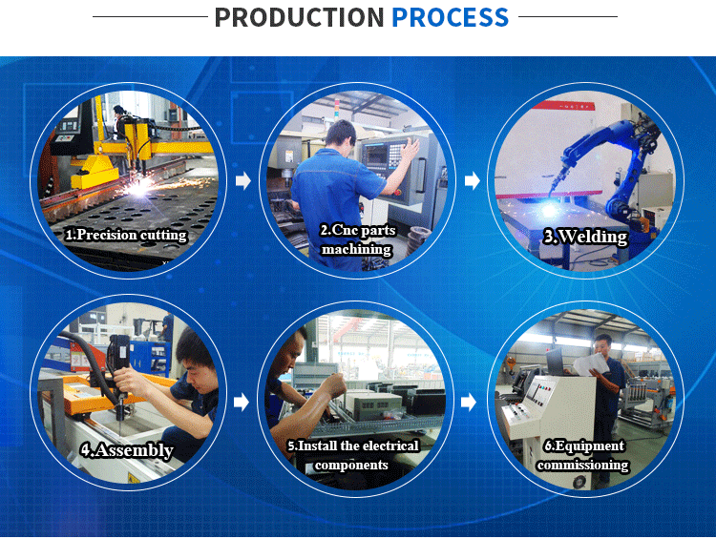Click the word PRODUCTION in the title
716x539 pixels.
pos(300,17)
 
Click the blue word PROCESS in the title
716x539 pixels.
pos(450,17)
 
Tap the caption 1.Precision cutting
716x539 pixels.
pos(126,235)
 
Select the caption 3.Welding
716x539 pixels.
pos(586,237)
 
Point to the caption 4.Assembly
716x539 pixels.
pos(127,450)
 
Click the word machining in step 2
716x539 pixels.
pos(357,249)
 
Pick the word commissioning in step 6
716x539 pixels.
pos(583,465)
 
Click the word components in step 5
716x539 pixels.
pos(351,465)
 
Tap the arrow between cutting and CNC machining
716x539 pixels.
pos(243,180)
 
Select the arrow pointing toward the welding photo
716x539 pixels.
pos(473,180)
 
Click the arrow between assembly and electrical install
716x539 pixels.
pos(242,402)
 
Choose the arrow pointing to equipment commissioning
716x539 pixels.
pos(469,402)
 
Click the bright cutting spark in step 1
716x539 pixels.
pos(140,186)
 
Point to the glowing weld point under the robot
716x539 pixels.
pos(548,210)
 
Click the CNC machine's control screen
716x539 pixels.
pos(376,154)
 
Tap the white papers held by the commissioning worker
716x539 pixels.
pos(590,365)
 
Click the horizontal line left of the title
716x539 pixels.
pos(150,17)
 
